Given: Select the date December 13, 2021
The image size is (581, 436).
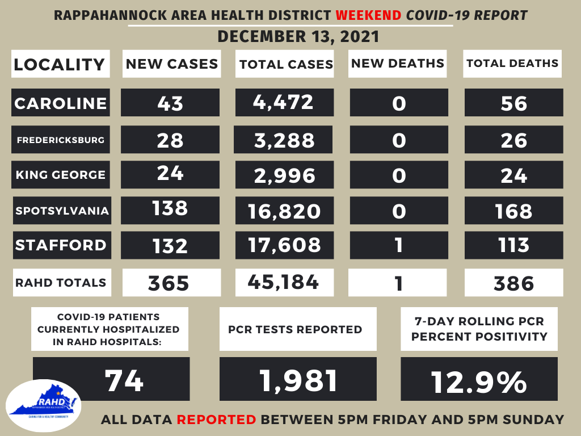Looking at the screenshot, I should point(298,37).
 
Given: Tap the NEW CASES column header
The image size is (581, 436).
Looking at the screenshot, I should point(172,64).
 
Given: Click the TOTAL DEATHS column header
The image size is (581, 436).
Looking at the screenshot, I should point(512,63).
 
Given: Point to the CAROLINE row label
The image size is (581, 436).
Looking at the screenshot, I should point(61,103).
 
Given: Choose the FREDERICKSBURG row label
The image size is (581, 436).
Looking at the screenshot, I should point(61,140).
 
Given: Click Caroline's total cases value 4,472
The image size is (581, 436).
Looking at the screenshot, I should point(284,102).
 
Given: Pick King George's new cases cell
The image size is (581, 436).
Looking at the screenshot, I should point(171,174).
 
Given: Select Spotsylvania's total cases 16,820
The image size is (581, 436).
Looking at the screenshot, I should point(284,211).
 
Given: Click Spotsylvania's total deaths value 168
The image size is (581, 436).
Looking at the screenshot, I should point(513,211).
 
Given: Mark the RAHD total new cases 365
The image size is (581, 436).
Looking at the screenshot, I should point(171,282).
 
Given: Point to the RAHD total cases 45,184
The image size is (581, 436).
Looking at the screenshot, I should point(284,282).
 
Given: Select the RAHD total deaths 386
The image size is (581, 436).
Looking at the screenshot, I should point(513,282).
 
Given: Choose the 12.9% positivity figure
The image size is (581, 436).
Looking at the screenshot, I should point(479,381).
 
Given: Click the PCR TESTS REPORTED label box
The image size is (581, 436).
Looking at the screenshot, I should point(298,329).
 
